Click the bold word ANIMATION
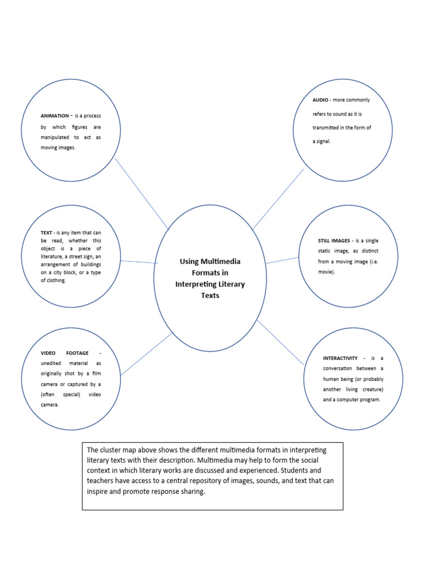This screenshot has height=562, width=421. coord(54,116)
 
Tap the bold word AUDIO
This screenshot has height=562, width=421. coord(321,100)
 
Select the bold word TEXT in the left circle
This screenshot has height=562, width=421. coord(46,233)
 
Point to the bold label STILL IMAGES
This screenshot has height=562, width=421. coord(335,241)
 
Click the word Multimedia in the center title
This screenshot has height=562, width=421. coord(219,261)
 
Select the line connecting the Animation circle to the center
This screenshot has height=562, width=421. coord(141,193)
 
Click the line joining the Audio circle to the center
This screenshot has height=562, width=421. coord(278,199)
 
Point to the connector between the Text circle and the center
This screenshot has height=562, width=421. coord(139,262)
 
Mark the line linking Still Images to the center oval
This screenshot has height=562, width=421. coord(283,260)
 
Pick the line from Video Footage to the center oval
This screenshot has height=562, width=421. coord(146,354)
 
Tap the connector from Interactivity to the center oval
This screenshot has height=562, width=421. coord(280,342)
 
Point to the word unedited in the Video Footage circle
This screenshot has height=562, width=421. coord(52,363)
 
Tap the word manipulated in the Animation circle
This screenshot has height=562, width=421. coord(54,137)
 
